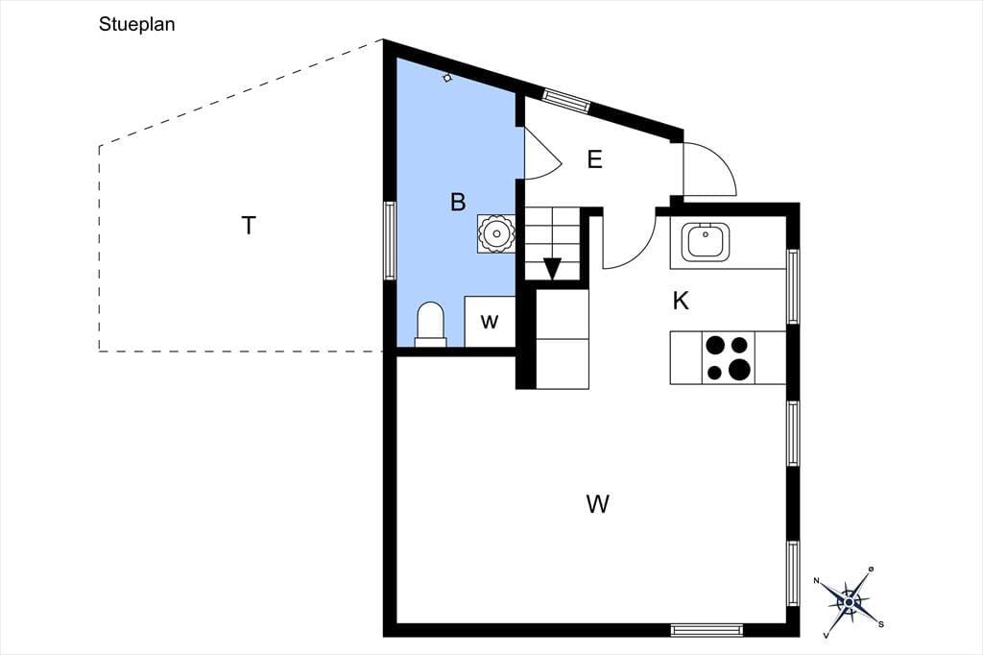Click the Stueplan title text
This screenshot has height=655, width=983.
click(x=136, y=24)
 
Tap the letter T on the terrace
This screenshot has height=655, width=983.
click(x=249, y=226)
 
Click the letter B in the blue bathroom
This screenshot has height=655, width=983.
click(x=458, y=202)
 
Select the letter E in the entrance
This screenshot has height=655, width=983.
click(x=594, y=159)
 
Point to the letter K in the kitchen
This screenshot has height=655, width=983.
click(x=681, y=302)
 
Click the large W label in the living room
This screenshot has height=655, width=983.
click(x=597, y=504)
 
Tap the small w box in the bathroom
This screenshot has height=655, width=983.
click(x=490, y=321)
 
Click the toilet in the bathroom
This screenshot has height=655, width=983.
click(x=431, y=325)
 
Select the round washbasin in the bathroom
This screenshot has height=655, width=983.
click(x=496, y=234)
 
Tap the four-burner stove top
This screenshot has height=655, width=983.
click(x=729, y=357)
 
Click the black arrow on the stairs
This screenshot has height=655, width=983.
click(x=552, y=268)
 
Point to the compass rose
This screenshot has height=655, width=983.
click(x=849, y=602)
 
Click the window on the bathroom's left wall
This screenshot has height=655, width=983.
click(x=390, y=240)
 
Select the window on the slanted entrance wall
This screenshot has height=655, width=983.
click(x=566, y=101)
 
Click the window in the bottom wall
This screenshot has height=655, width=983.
click(x=707, y=630)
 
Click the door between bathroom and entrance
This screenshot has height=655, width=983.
click(x=540, y=154)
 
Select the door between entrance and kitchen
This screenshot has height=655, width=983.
click(x=629, y=243)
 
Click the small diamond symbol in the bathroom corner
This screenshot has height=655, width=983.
click(x=447, y=78)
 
